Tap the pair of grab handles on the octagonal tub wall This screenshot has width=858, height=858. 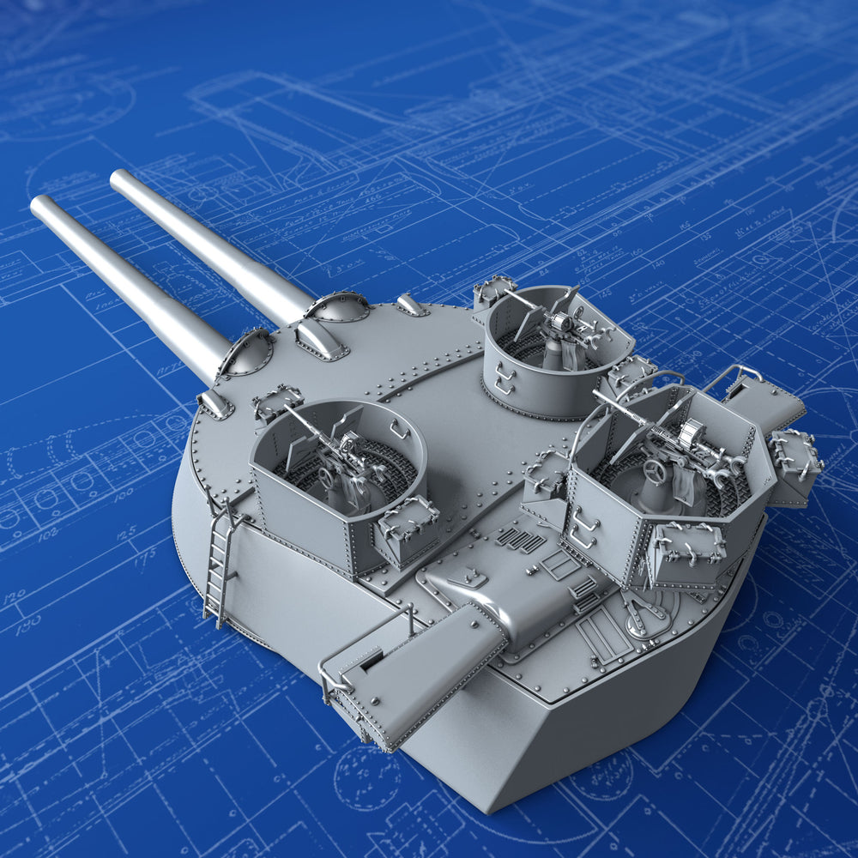[x=583, y=529]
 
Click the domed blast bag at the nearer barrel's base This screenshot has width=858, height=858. [x=246, y=353]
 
